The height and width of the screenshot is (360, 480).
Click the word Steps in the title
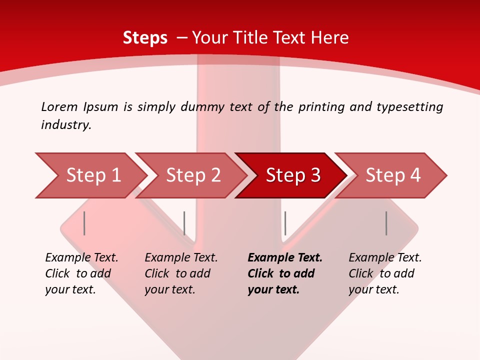click(145, 38)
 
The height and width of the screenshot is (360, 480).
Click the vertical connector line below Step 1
click(84, 223)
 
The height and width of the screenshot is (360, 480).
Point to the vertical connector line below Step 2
click(184, 223)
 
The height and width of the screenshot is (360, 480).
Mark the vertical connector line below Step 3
click(285, 223)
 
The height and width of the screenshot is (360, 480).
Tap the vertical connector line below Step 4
click(386, 223)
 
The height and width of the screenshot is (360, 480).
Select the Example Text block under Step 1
click(81, 273)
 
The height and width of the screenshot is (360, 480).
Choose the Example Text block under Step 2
click(181, 273)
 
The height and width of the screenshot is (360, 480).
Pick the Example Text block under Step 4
click(385, 273)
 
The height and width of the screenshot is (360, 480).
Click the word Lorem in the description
click(59, 106)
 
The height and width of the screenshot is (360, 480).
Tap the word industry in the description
click(66, 125)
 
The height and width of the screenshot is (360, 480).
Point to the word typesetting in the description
click(409, 107)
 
